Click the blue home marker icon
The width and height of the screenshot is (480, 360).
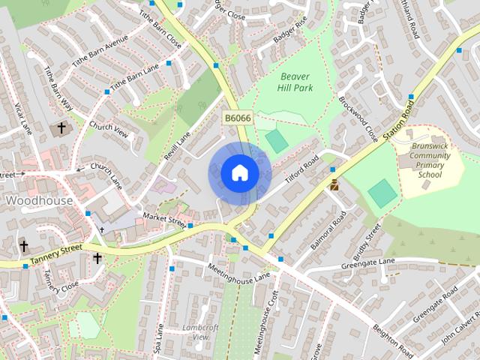(239, 172)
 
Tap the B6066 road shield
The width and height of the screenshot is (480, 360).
(237, 118)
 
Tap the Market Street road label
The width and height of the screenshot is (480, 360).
(163, 220)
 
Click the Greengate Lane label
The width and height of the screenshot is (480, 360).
(367, 262)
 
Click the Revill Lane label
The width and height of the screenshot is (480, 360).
(178, 143)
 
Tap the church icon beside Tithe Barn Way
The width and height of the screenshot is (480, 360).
(60, 129)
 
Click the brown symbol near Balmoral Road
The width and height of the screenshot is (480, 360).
(334, 184)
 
